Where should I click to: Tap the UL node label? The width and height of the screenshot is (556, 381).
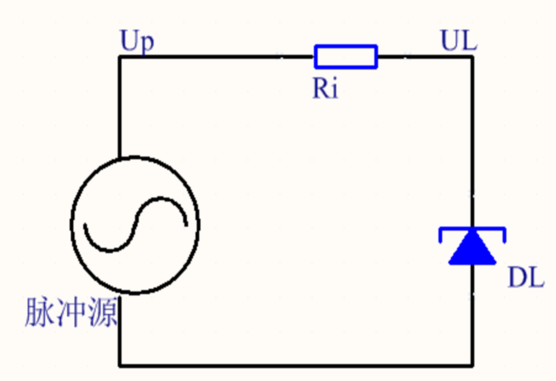click(459, 42)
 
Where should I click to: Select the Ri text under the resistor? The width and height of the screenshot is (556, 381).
click(325, 89)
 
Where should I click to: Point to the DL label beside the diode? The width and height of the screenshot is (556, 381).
click(525, 279)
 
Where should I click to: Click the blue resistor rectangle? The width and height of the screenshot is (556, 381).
click(345, 57)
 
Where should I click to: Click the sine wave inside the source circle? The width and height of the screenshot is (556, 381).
click(136, 225)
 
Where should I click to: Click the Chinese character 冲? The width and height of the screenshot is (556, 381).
click(71, 312)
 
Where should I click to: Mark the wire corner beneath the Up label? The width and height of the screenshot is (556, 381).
click(120, 57)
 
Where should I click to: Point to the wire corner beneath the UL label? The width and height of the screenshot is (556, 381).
click(472, 57)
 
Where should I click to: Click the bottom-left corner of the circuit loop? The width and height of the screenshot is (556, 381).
click(120, 365)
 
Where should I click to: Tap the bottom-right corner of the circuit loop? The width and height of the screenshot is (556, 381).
click(472, 365)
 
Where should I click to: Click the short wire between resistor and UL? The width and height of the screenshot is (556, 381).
click(424, 57)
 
